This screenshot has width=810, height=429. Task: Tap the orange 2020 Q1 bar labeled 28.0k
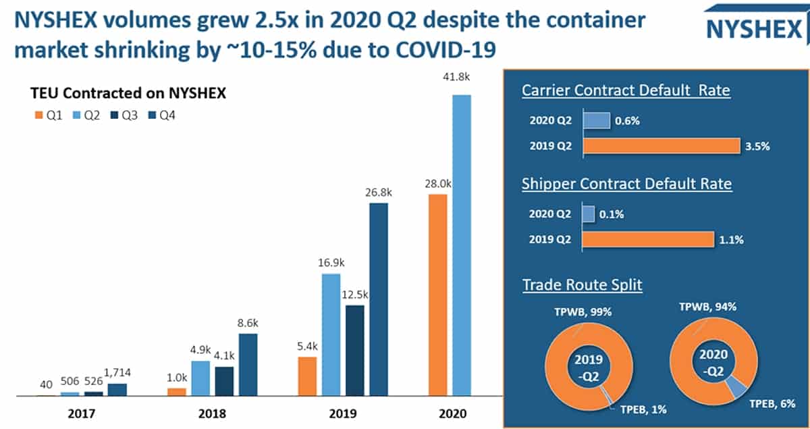tap(438, 295)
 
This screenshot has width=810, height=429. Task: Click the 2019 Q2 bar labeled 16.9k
tap(331, 334)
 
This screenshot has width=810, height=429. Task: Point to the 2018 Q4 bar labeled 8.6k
tap(248, 364)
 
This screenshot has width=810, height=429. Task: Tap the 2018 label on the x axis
tap(213, 413)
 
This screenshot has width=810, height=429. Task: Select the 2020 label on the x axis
tap(451, 413)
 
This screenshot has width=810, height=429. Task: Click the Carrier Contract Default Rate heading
tap(626, 91)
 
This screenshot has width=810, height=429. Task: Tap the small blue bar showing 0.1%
tap(588, 214)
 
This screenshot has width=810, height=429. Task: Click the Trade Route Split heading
tap(583, 284)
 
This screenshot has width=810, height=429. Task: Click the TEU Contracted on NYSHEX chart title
tap(127, 94)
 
